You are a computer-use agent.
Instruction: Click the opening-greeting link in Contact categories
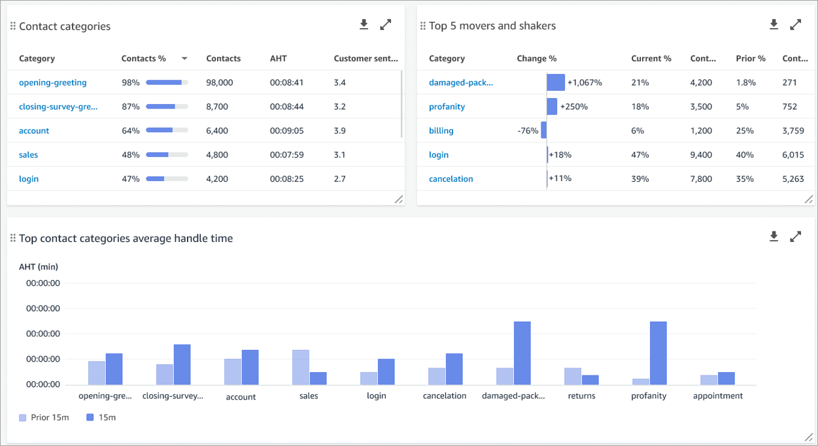[x=52, y=82]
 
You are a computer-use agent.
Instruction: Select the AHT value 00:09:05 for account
[x=286, y=131]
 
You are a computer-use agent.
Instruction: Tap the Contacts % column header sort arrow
[x=184, y=59]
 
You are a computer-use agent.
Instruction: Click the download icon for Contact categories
[x=364, y=25]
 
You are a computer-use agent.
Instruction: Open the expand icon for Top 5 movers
[x=795, y=25]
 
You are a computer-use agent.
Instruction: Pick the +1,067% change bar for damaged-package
[x=556, y=82]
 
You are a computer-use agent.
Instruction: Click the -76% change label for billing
[x=527, y=131]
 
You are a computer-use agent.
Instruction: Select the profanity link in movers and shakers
[x=447, y=107]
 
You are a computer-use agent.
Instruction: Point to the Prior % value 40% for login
[x=745, y=155]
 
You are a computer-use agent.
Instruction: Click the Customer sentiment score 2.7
[x=339, y=179]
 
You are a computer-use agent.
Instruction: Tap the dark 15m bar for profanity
[x=658, y=352]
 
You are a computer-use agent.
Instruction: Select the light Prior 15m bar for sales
[x=300, y=367]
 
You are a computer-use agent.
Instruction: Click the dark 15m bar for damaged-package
[x=522, y=352]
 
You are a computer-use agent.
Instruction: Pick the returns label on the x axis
[x=581, y=396]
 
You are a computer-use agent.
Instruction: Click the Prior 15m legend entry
[x=44, y=417]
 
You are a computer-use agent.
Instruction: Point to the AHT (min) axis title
[x=39, y=267]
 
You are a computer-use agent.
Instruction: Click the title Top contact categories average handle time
[x=126, y=239]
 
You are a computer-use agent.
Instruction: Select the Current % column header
[x=651, y=59]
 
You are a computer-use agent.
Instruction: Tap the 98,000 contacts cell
[x=220, y=82]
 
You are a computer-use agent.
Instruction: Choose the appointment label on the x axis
[x=717, y=396]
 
